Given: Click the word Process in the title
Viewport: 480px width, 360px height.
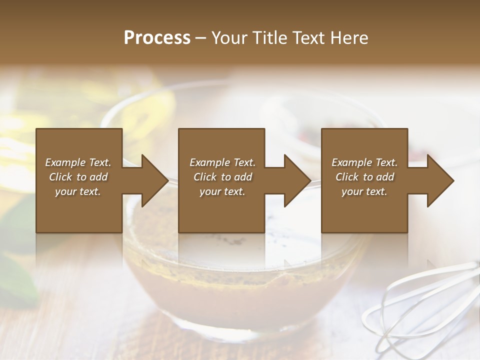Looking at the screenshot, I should [x=157, y=38].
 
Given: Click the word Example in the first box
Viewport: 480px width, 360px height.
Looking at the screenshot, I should [x=65, y=162].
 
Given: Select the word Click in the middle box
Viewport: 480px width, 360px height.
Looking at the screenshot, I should [x=204, y=177].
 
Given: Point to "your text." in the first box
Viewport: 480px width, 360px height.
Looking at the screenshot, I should [x=78, y=191].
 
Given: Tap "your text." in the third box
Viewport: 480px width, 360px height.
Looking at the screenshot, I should [x=364, y=191].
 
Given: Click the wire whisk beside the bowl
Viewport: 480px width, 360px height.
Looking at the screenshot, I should [x=420, y=305].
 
